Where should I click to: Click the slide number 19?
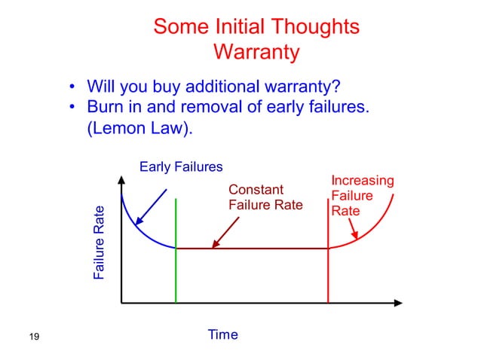pos(32,336)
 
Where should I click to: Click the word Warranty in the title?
pos(256,53)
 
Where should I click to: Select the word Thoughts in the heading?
pos(307,26)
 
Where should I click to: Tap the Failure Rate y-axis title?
pos(99,243)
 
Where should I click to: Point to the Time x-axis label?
pos(222,334)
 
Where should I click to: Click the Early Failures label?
pos(181,166)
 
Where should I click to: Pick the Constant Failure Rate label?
pos(265,197)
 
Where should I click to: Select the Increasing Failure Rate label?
pos(362,196)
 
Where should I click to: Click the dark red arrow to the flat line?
pos(225,233)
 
